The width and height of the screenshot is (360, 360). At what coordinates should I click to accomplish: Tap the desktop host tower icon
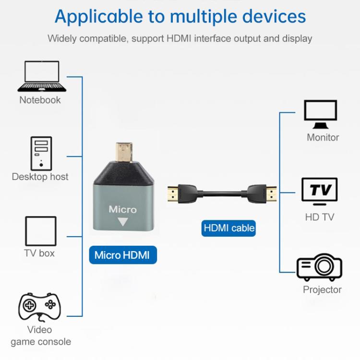click(41, 153)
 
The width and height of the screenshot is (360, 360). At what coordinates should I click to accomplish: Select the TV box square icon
click(40, 231)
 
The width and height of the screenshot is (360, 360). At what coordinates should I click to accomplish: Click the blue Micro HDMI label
click(122, 255)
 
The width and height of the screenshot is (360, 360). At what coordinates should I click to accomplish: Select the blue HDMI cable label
click(229, 228)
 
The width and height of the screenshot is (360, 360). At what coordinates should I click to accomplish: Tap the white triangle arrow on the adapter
click(123, 222)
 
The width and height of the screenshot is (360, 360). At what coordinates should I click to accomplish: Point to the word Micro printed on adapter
click(122, 209)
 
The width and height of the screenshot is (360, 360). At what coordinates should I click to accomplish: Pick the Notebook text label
click(40, 100)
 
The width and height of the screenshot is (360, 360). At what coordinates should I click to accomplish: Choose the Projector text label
click(322, 289)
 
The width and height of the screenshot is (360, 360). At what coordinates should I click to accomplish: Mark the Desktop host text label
click(40, 177)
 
